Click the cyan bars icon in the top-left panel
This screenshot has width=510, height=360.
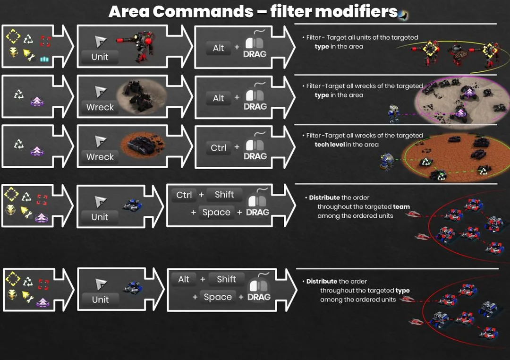(x=44, y=59)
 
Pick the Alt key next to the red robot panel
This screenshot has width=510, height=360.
(x=218, y=48)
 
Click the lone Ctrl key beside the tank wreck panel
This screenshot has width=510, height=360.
(x=218, y=148)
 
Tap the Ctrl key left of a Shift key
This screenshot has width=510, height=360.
(x=184, y=195)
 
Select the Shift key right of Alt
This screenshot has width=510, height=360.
(x=226, y=279)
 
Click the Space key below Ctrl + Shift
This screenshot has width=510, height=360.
(x=216, y=213)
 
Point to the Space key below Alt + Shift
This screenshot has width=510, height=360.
(x=218, y=297)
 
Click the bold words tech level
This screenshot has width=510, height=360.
(x=329, y=145)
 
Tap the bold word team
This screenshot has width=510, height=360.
(x=401, y=206)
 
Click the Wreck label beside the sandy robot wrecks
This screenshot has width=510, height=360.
(x=100, y=107)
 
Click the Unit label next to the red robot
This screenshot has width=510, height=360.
(x=100, y=57)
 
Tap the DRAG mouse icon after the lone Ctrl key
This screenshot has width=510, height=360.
(x=255, y=148)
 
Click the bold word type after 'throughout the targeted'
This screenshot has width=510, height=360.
(x=402, y=291)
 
